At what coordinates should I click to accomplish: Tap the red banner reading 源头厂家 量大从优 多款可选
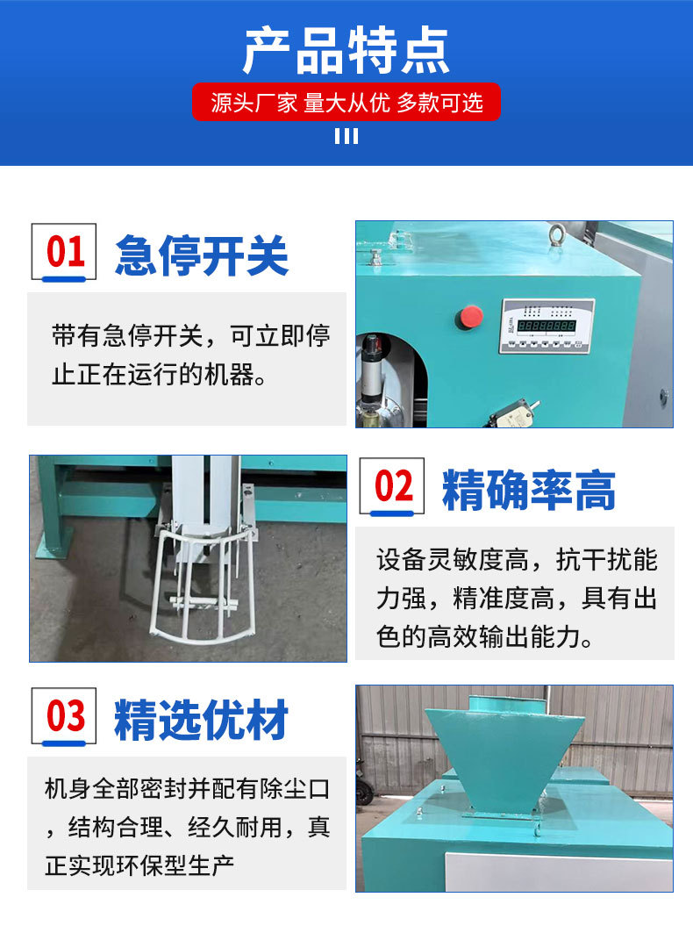[346, 103]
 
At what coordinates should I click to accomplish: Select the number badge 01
[66, 252]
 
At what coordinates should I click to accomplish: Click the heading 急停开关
[202, 255]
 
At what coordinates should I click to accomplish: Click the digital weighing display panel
[546, 326]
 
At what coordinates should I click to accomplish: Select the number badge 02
[392, 485]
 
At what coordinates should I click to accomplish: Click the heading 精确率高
[529, 490]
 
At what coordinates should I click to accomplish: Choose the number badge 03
[66, 715]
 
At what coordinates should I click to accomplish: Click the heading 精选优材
[202, 720]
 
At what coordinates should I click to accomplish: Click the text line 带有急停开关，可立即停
[190, 335]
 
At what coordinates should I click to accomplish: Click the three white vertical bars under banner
[346, 136]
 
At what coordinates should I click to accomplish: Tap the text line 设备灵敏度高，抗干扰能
[517, 560]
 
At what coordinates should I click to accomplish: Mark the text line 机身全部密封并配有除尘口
[187, 789]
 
